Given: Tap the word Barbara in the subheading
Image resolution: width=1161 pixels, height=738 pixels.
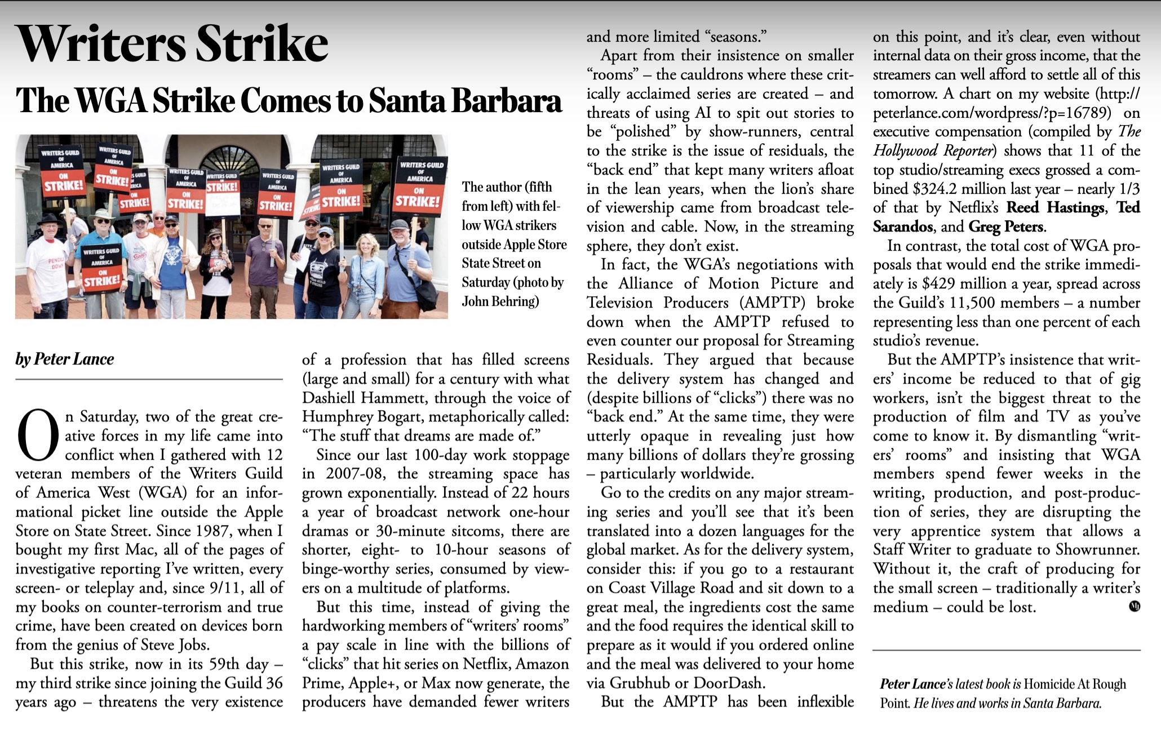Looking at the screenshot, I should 507,101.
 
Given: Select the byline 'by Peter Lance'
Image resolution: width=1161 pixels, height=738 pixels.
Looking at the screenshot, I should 65,359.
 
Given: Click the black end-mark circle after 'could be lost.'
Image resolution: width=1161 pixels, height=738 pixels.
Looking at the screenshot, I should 1135,607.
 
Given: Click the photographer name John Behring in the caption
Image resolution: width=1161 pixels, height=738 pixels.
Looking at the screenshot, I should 500,301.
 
